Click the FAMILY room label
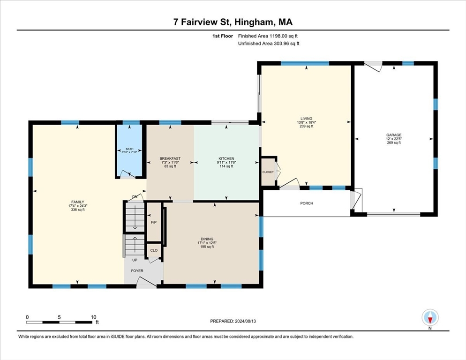(x=77, y=202)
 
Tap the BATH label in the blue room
(x=129, y=149)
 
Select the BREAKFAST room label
(x=170, y=159)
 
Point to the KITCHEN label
(x=226, y=159)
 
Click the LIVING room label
(x=307, y=119)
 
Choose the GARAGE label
(x=394, y=135)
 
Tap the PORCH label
(x=307, y=203)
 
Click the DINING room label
(x=207, y=239)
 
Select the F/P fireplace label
(x=154, y=222)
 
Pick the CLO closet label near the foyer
(x=154, y=250)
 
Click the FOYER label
(x=137, y=271)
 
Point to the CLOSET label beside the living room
(x=268, y=172)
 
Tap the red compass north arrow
(x=430, y=320)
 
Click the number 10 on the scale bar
(x=94, y=317)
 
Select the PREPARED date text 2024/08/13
(x=246, y=322)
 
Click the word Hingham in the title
(x=256, y=22)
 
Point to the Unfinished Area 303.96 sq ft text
(x=269, y=44)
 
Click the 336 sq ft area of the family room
(x=77, y=210)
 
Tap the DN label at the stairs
(x=135, y=197)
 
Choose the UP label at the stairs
(x=135, y=260)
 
